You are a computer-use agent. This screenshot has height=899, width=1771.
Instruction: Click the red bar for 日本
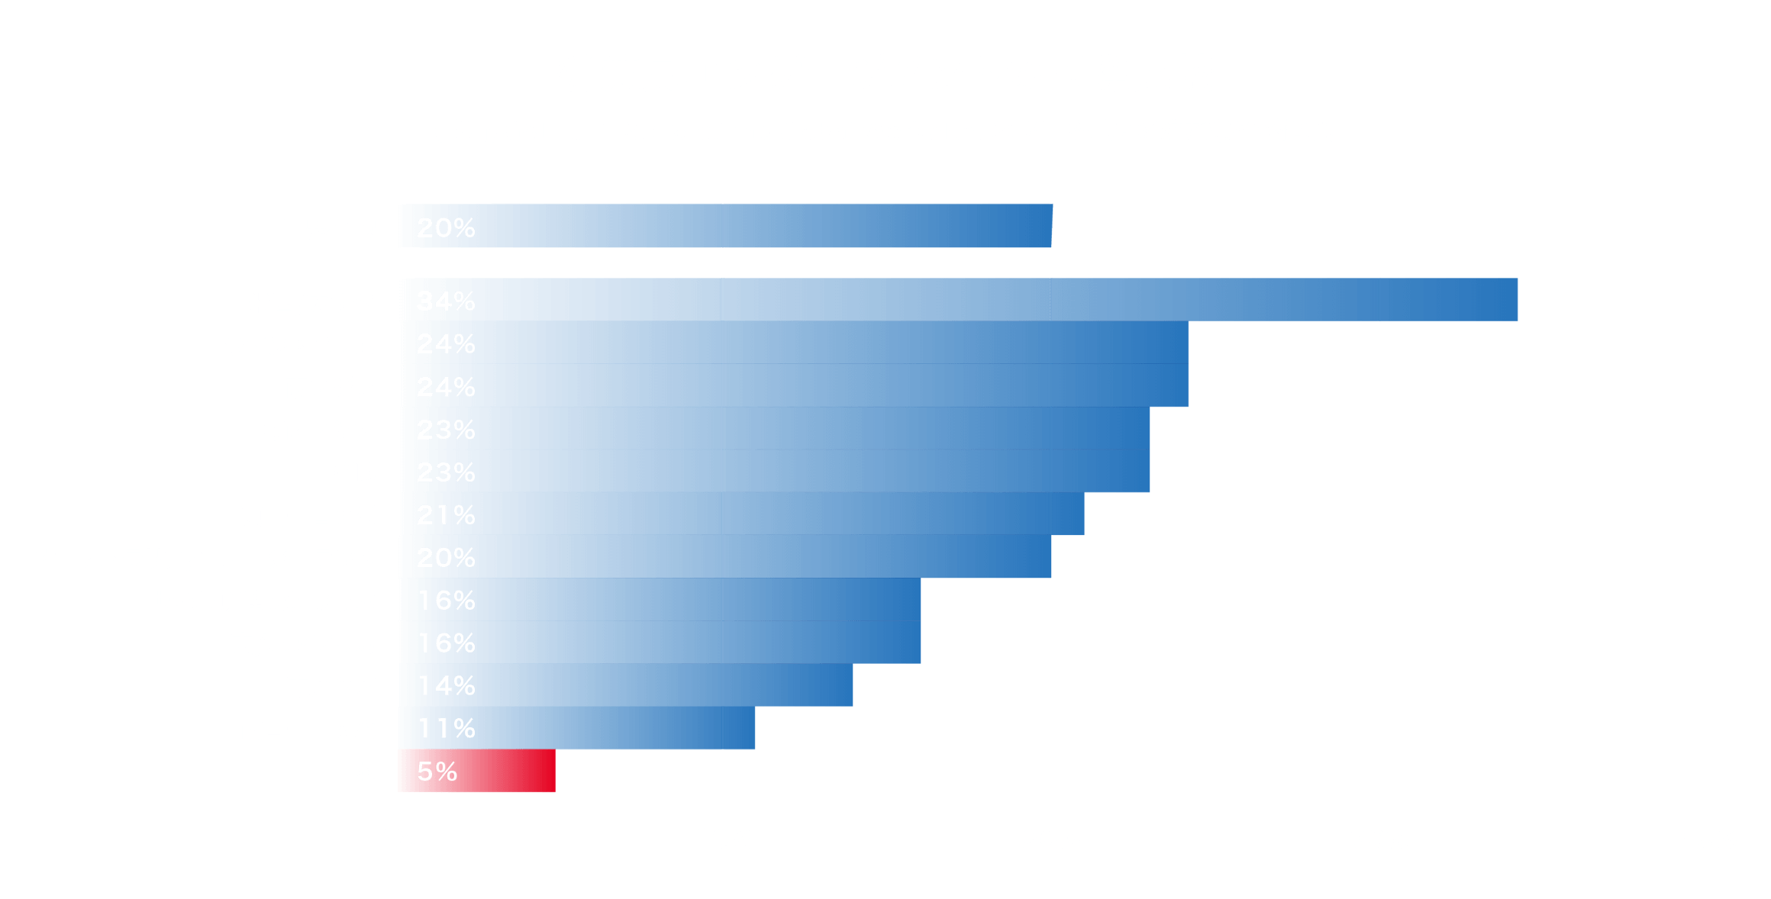(x=504, y=771)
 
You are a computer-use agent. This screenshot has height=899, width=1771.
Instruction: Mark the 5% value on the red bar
(x=437, y=772)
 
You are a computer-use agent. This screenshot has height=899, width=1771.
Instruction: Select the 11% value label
(x=446, y=729)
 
